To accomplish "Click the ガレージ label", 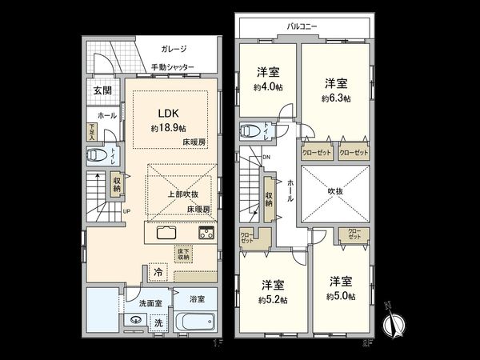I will [173, 49].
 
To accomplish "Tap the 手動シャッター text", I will [173, 67].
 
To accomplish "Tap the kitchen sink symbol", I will [168, 233].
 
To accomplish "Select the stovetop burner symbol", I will [206, 233].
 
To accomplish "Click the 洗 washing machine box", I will [158, 323].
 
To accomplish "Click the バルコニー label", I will [302, 26].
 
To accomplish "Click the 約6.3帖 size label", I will [334, 100].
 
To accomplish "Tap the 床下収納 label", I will [184, 254].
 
